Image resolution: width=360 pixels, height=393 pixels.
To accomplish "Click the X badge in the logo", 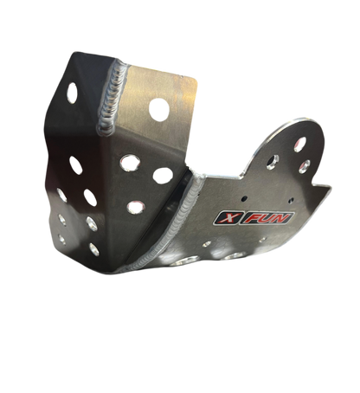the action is [227, 218].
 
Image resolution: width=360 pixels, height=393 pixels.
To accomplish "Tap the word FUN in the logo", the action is [267, 218].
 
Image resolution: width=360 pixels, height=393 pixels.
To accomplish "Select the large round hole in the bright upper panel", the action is [159, 110].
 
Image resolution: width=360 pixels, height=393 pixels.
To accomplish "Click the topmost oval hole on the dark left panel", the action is [72, 93].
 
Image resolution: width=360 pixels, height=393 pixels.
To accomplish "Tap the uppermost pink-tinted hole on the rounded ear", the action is [299, 145].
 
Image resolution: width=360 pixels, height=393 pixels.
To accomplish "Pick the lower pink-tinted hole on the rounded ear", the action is [304, 167].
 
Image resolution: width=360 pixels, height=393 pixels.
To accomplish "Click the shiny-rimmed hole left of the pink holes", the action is [273, 162].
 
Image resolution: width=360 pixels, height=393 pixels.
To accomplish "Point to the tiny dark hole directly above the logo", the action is [244, 198].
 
